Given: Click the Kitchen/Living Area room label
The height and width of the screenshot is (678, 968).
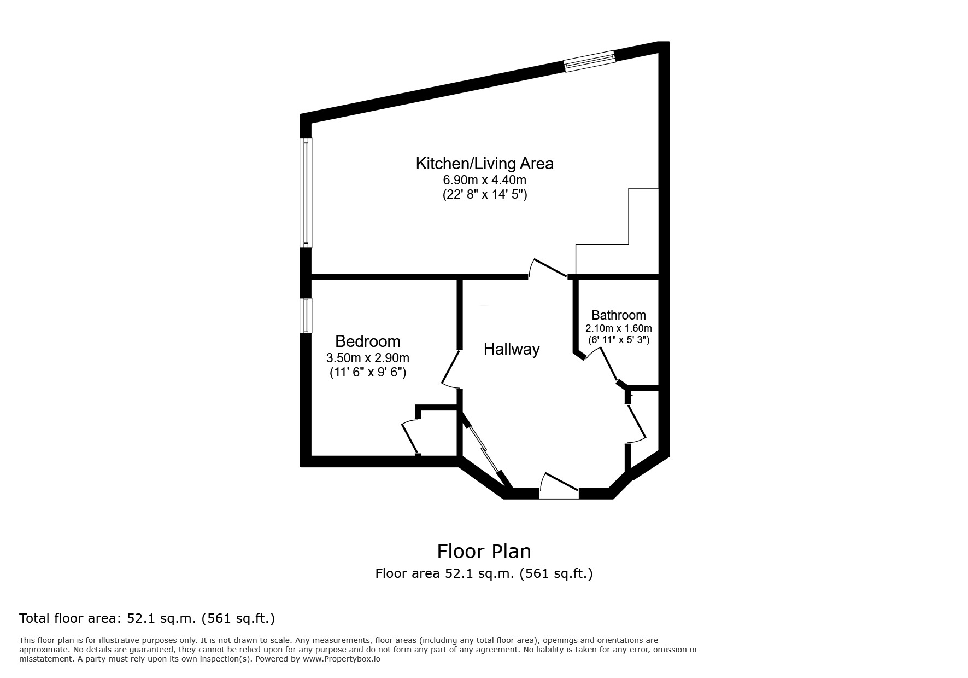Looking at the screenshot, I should tap(484, 164).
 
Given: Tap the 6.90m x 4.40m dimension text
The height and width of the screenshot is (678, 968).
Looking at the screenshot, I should tap(484, 179).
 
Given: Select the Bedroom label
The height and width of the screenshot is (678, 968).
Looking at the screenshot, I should tap(367, 341).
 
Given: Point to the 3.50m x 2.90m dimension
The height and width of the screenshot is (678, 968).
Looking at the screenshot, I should tap(367, 358).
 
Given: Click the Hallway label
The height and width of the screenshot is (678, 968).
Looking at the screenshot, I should tap(512, 349).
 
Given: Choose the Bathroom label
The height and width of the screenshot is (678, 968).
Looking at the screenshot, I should tap(618, 315).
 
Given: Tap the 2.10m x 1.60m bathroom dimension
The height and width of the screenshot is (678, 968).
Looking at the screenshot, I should tap(618, 328).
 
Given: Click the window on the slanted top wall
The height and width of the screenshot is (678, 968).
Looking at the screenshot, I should tap(589, 61).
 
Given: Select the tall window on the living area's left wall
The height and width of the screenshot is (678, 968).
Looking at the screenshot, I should tap(306, 193).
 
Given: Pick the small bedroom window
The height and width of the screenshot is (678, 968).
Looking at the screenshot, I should tap(306, 315).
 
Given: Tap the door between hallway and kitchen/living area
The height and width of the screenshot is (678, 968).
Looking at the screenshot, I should tap(548, 269).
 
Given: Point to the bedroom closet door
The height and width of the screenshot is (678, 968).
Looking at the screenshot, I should tap(410, 437).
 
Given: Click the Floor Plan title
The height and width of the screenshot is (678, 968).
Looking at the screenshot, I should tap(484, 551).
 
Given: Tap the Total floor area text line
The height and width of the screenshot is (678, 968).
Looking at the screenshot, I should tap(146, 619).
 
